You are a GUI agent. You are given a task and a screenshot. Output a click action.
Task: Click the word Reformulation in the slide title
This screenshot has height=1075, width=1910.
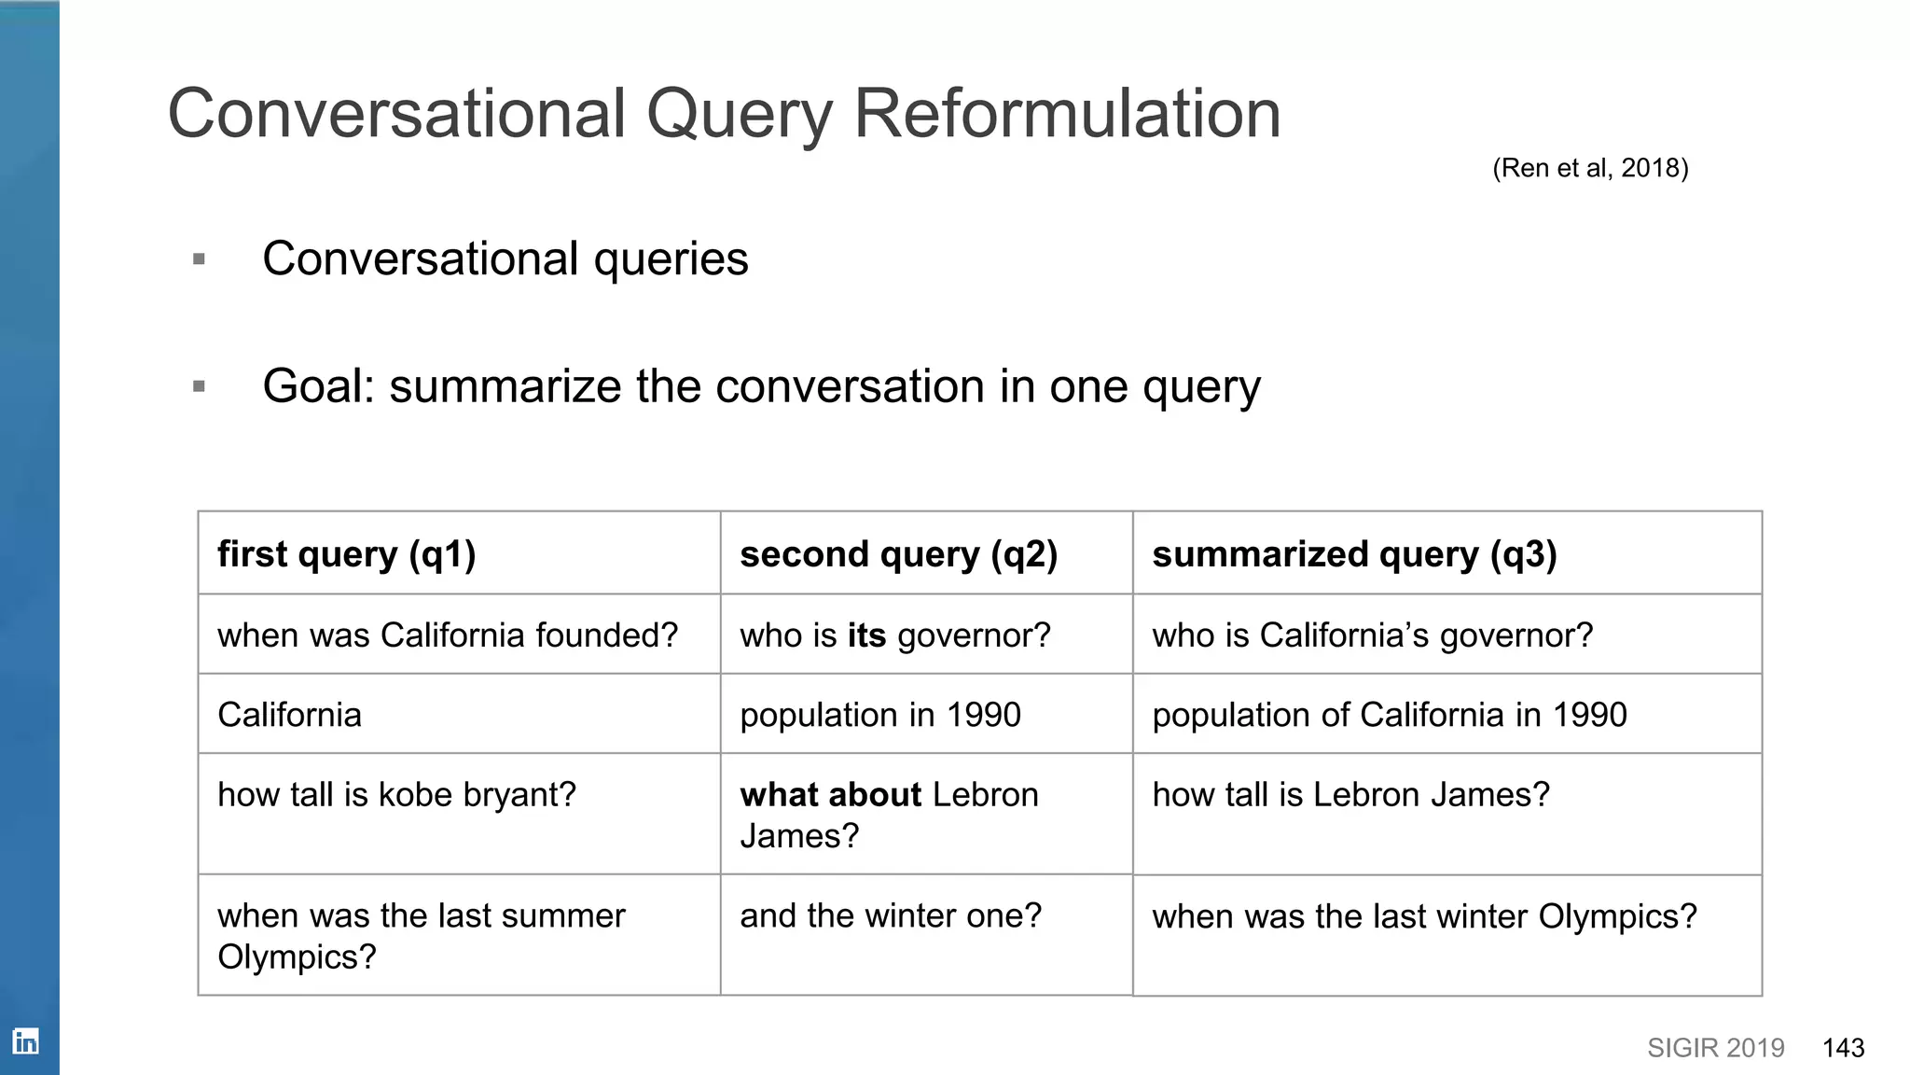coord(1067,114)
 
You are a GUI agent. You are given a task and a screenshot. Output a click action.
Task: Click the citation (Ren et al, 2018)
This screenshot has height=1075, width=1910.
coord(1590,168)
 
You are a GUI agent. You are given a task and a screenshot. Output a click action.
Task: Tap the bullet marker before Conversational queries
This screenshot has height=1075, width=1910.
coord(199,259)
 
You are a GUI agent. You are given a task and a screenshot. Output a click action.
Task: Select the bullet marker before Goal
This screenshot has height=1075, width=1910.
coord(199,386)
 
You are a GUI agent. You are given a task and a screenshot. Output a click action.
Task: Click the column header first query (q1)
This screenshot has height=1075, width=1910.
coord(347,554)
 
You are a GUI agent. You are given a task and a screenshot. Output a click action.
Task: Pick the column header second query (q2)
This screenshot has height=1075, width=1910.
coord(898,554)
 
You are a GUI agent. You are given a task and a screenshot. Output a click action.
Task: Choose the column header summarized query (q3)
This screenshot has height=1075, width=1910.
coord(1354,554)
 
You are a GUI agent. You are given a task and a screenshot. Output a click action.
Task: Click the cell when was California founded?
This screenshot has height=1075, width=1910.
coord(448,635)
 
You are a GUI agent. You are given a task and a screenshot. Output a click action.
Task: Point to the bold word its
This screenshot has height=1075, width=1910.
coord(866,635)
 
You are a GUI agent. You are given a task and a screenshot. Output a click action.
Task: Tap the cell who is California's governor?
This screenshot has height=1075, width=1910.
coord(1373,635)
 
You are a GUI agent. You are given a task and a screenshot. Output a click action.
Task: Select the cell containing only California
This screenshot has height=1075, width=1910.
coord(289,715)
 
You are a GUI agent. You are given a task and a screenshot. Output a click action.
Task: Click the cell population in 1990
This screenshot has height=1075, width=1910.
coord(880,715)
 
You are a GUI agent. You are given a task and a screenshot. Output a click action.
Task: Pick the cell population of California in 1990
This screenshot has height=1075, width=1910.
coord(1390,715)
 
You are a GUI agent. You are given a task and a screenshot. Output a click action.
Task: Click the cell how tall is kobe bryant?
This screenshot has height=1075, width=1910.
coord(396,795)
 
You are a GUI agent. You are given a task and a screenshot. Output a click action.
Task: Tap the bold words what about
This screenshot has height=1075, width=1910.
coord(830,795)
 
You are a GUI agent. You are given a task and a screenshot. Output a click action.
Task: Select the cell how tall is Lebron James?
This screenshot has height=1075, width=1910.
coord(1350,795)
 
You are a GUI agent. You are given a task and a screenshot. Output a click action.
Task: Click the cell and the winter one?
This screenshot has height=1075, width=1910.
coord(891,916)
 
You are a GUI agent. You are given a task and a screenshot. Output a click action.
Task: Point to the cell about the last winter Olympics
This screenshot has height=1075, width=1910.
coord(1424,917)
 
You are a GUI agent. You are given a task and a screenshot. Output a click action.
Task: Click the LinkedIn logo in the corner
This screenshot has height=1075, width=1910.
coord(26,1040)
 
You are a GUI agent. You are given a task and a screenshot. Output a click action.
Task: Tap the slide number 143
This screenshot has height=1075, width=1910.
coord(1843,1048)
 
